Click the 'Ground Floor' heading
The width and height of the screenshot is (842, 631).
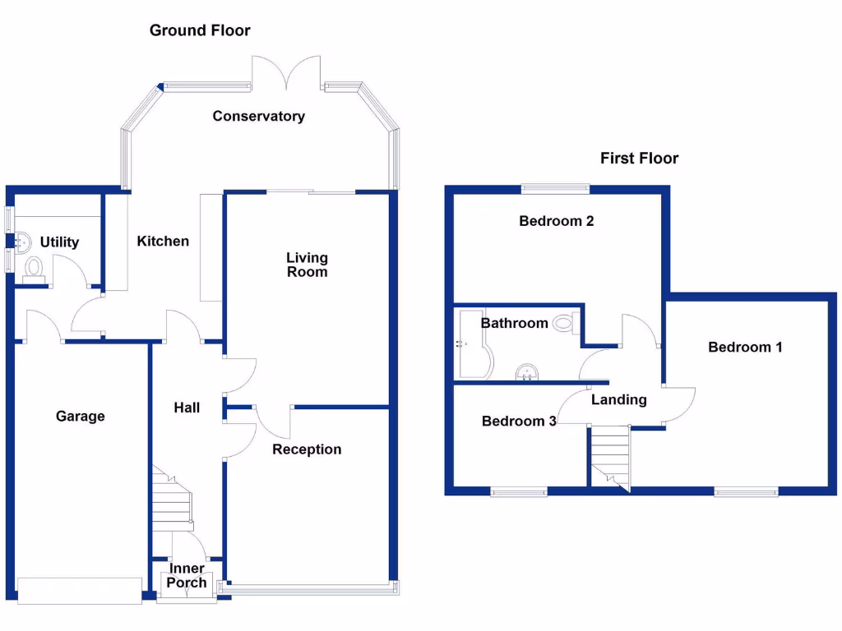point(200,31)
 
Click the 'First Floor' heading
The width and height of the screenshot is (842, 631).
point(639,159)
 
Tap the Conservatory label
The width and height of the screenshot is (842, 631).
point(258,117)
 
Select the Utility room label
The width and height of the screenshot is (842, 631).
point(60,242)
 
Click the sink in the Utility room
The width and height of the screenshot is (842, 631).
point(23,241)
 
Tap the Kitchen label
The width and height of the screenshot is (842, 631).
point(163,241)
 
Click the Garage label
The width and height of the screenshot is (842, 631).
point(81,417)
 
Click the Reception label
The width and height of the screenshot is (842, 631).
point(307,449)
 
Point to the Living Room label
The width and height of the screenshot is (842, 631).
point(307,265)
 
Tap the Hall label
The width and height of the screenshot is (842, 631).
point(187,408)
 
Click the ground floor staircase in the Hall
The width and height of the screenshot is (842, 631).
point(171,501)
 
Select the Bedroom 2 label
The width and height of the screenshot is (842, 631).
point(557,221)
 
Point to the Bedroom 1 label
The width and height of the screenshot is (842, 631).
point(745,348)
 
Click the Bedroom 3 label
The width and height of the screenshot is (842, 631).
point(519,421)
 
